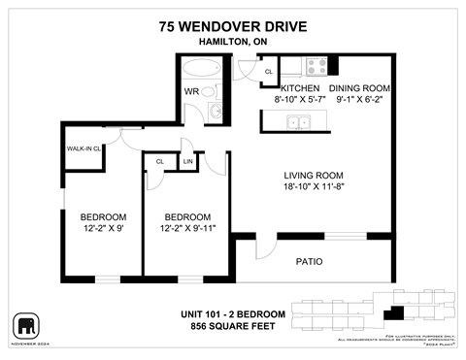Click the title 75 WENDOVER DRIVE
pos(232,27)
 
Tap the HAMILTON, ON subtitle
pos(232,43)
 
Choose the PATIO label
pos(309,262)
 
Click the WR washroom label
pos(191,92)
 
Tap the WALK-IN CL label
pos(84,149)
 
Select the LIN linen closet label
pos(187,162)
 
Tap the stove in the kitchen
pos(316,67)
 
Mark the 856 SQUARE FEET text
pos(232,326)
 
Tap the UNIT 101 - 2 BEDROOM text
pos(232,313)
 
